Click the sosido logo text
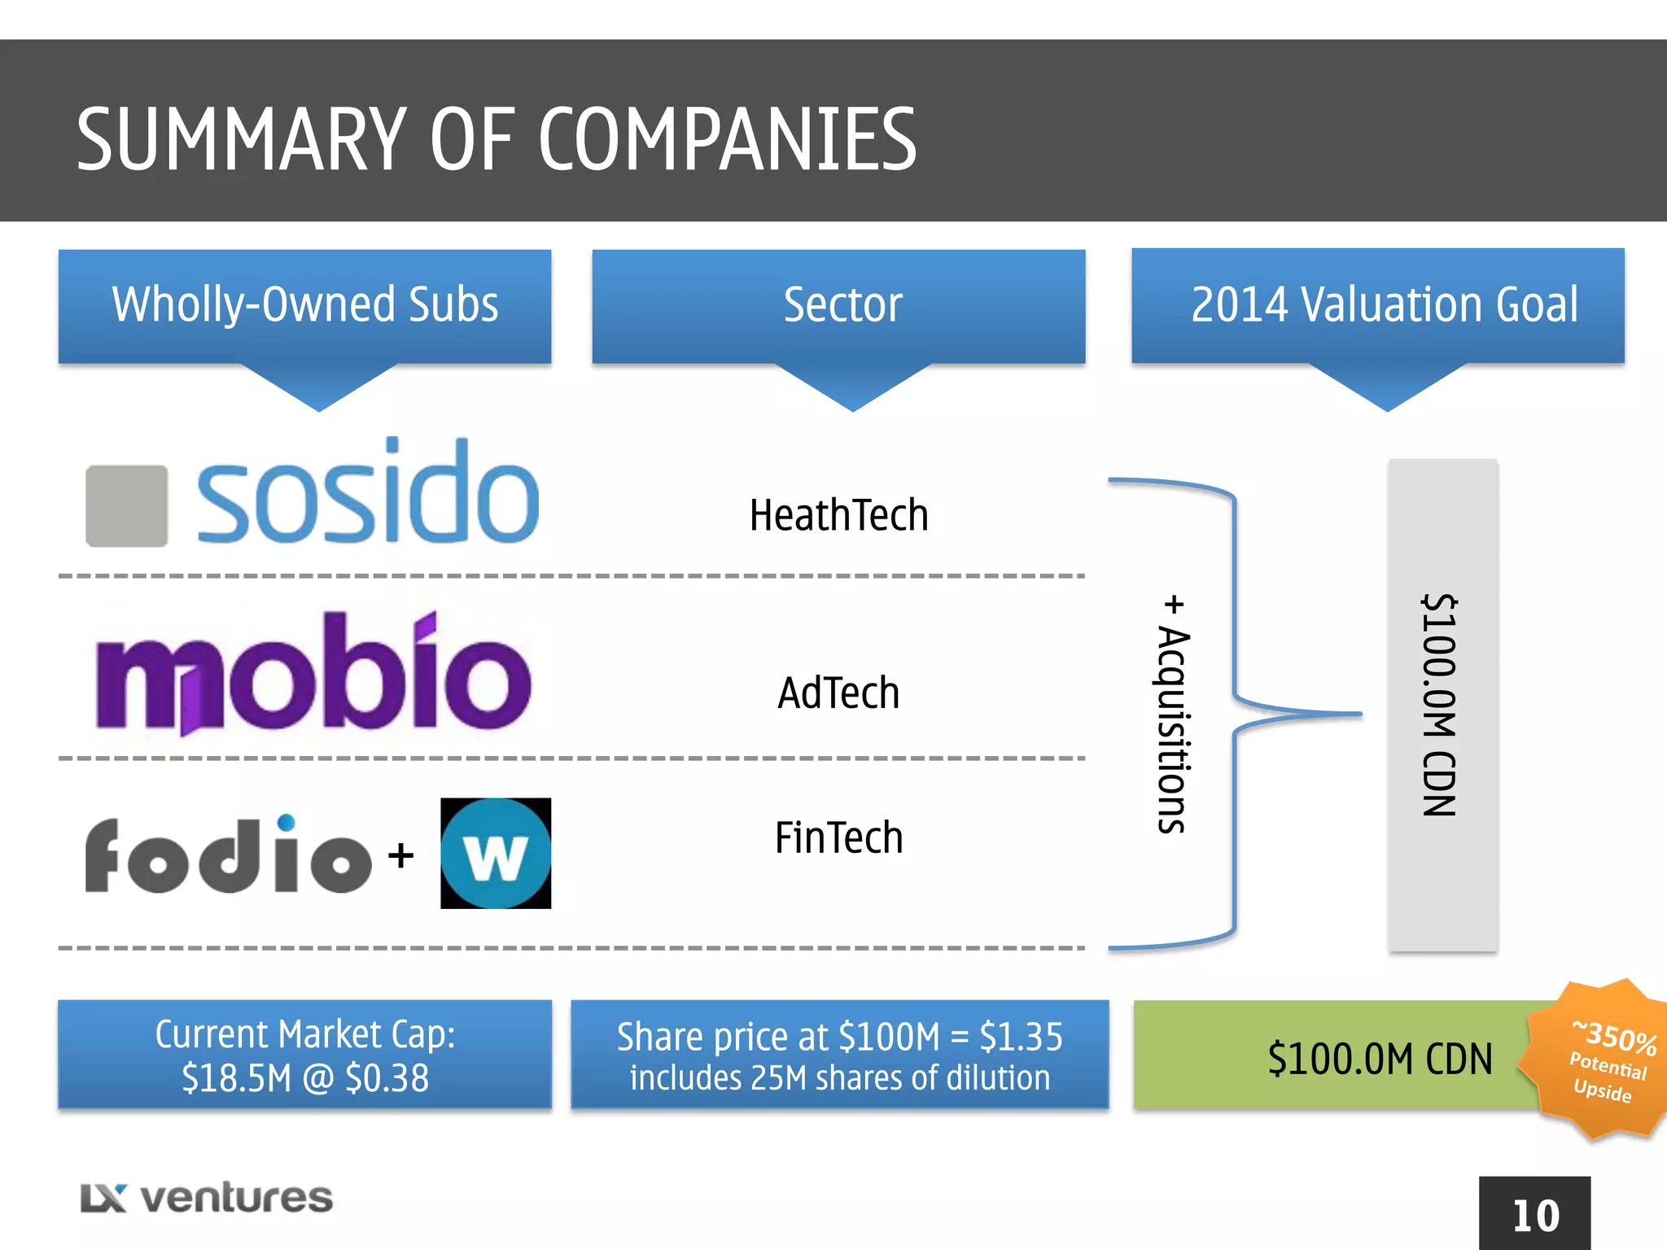pyautogui.click(x=368, y=495)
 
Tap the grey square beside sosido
pyautogui.click(x=127, y=505)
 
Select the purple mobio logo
pyautogui.click(x=313, y=675)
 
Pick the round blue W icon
pyautogui.click(x=496, y=854)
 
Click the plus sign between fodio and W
pyautogui.click(x=400, y=855)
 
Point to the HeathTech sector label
pyautogui.click(x=838, y=516)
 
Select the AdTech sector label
pyautogui.click(x=838, y=693)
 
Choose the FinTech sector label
pyautogui.click(x=838, y=838)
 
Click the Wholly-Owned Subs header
pyautogui.click(x=305, y=305)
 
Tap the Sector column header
pyautogui.click(x=842, y=305)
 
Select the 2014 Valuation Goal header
pyautogui.click(x=1384, y=305)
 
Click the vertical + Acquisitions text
pyautogui.click(x=1173, y=715)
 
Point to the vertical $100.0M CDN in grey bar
pyautogui.click(x=1440, y=705)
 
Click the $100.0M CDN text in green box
pyautogui.click(x=1380, y=1059)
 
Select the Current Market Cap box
pyautogui.click(x=305, y=1056)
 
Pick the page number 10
pyautogui.click(x=1535, y=1216)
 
